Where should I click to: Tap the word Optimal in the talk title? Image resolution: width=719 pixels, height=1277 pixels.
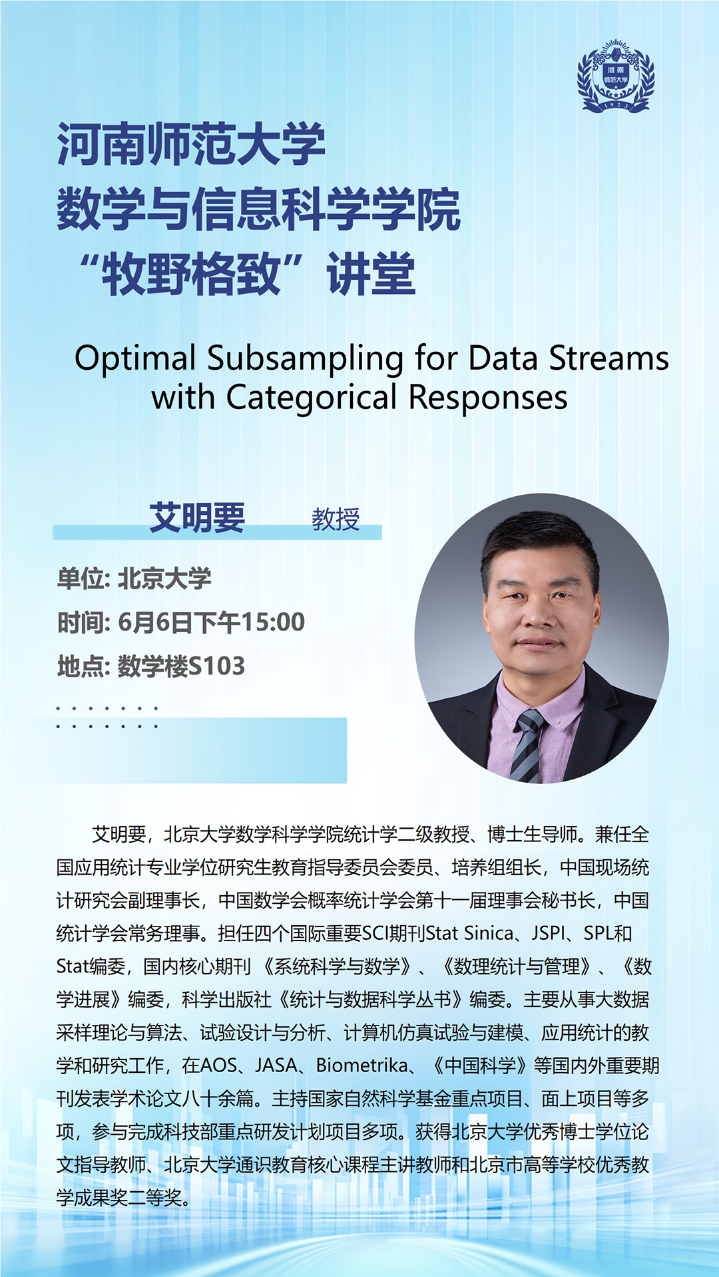(135, 358)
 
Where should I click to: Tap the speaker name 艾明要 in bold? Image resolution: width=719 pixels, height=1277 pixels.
(197, 517)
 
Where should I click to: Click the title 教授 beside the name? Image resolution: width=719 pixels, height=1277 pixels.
(336, 519)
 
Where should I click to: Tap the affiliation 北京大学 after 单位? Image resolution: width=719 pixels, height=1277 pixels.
(164, 579)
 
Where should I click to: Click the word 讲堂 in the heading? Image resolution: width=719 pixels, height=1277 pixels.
(371, 274)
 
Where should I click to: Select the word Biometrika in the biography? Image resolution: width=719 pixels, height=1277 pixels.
(361, 1065)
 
